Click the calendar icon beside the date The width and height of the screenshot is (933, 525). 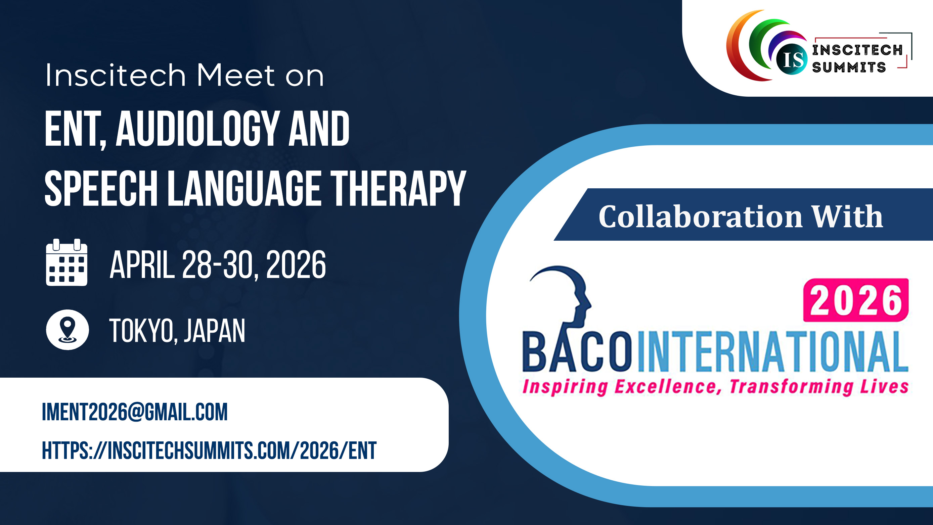tap(66, 262)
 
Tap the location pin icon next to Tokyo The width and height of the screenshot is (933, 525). tap(68, 330)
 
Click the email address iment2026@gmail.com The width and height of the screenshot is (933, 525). tap(135, 412)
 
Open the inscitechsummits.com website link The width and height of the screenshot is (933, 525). tap(209, 450)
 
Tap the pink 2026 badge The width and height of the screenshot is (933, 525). tap(856, 300)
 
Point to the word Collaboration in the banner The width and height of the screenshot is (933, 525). tap(701, 217)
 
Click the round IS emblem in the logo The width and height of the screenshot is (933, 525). tap(792, 59)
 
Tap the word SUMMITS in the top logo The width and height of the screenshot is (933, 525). tap(849, 67)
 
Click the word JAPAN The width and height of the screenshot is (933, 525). tap(214, 331)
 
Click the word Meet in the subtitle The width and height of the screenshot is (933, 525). tap(236, 75)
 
